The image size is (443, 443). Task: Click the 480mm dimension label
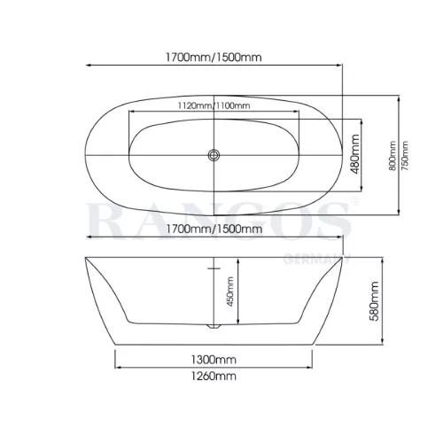point(355,154)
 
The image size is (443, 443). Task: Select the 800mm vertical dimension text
point(392,156)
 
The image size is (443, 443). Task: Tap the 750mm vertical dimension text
point(405,156)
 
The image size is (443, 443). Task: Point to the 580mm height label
point(374,301)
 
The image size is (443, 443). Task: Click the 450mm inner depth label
point(230,291)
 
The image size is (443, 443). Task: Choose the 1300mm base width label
point(214,360)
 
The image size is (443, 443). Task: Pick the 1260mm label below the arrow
point(214,377)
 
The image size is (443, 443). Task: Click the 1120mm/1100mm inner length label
point(214,105)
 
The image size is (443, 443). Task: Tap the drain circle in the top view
point(214,155)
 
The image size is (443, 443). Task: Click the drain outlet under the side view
point(214,326)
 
